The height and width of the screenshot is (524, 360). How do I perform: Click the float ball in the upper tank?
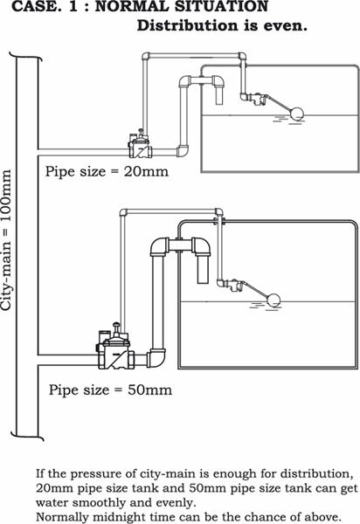[x=297, y=114]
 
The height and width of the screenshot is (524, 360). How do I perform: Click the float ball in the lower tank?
[x=273, y=300]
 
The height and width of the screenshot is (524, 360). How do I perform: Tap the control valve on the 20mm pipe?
[x=140, y=144]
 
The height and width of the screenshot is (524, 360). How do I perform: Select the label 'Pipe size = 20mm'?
[x=107, y=172]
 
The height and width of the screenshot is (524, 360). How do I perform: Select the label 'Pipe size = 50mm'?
[x=111, y=390]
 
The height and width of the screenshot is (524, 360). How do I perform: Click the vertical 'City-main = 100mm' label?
[x=7, y=240]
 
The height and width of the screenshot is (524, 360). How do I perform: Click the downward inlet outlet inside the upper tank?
[x=218, y=96]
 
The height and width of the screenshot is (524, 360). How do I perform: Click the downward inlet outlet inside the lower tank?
[x=203, y=270]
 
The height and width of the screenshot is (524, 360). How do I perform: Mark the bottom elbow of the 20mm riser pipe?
[x=183, y=151]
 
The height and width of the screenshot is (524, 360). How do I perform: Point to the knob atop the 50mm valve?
[x=116, y=325]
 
